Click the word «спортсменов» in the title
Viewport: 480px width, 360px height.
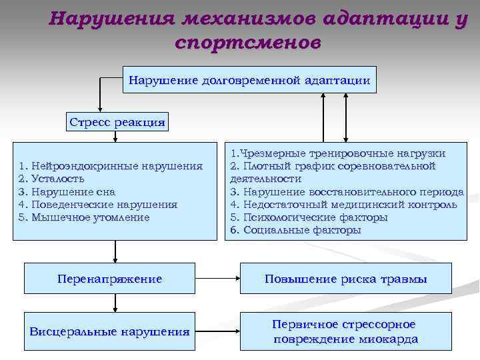pyautogui.click(x=248, y=43)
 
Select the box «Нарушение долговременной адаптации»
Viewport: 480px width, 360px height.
pyautogui.click(x=249, y=81)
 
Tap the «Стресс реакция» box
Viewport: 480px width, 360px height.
pyautogui.click(x=117, y=122)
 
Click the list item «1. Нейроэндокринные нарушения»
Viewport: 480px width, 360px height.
pyautogui.click(x=111, y=166)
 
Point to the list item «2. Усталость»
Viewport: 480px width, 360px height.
pyautogui.click(x=52, y=179)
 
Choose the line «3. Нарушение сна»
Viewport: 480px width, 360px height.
pyautogui.click(x=67, y=191)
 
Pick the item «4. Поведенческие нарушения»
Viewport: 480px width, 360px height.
pyautogui.click(x=99, y=204)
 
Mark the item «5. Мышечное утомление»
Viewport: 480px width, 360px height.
pyautogui.click(x=85, y=217)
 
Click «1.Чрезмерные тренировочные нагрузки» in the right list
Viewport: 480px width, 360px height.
pyautogui.click(x=338, y=153)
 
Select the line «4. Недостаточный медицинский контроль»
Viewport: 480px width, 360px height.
pyautogui.click(x=343, y=205)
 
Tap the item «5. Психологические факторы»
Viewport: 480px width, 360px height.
pyautogui.click(x=309, y=217)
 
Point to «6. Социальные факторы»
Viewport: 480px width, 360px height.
pyautogui.click(x=295, y=230)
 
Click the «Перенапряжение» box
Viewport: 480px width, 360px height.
pyautogui.click(x=110, y=279)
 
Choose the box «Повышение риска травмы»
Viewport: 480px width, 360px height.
pyautogui.click(x=346, y=279)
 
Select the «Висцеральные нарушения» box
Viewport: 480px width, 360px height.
pyautogui.click(x=110, y=331)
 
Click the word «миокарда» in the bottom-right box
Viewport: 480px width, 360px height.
pyautogui.click(x=386, y=339)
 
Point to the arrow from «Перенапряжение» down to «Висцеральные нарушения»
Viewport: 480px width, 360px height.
pyautogui.click(x=116, y=303)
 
